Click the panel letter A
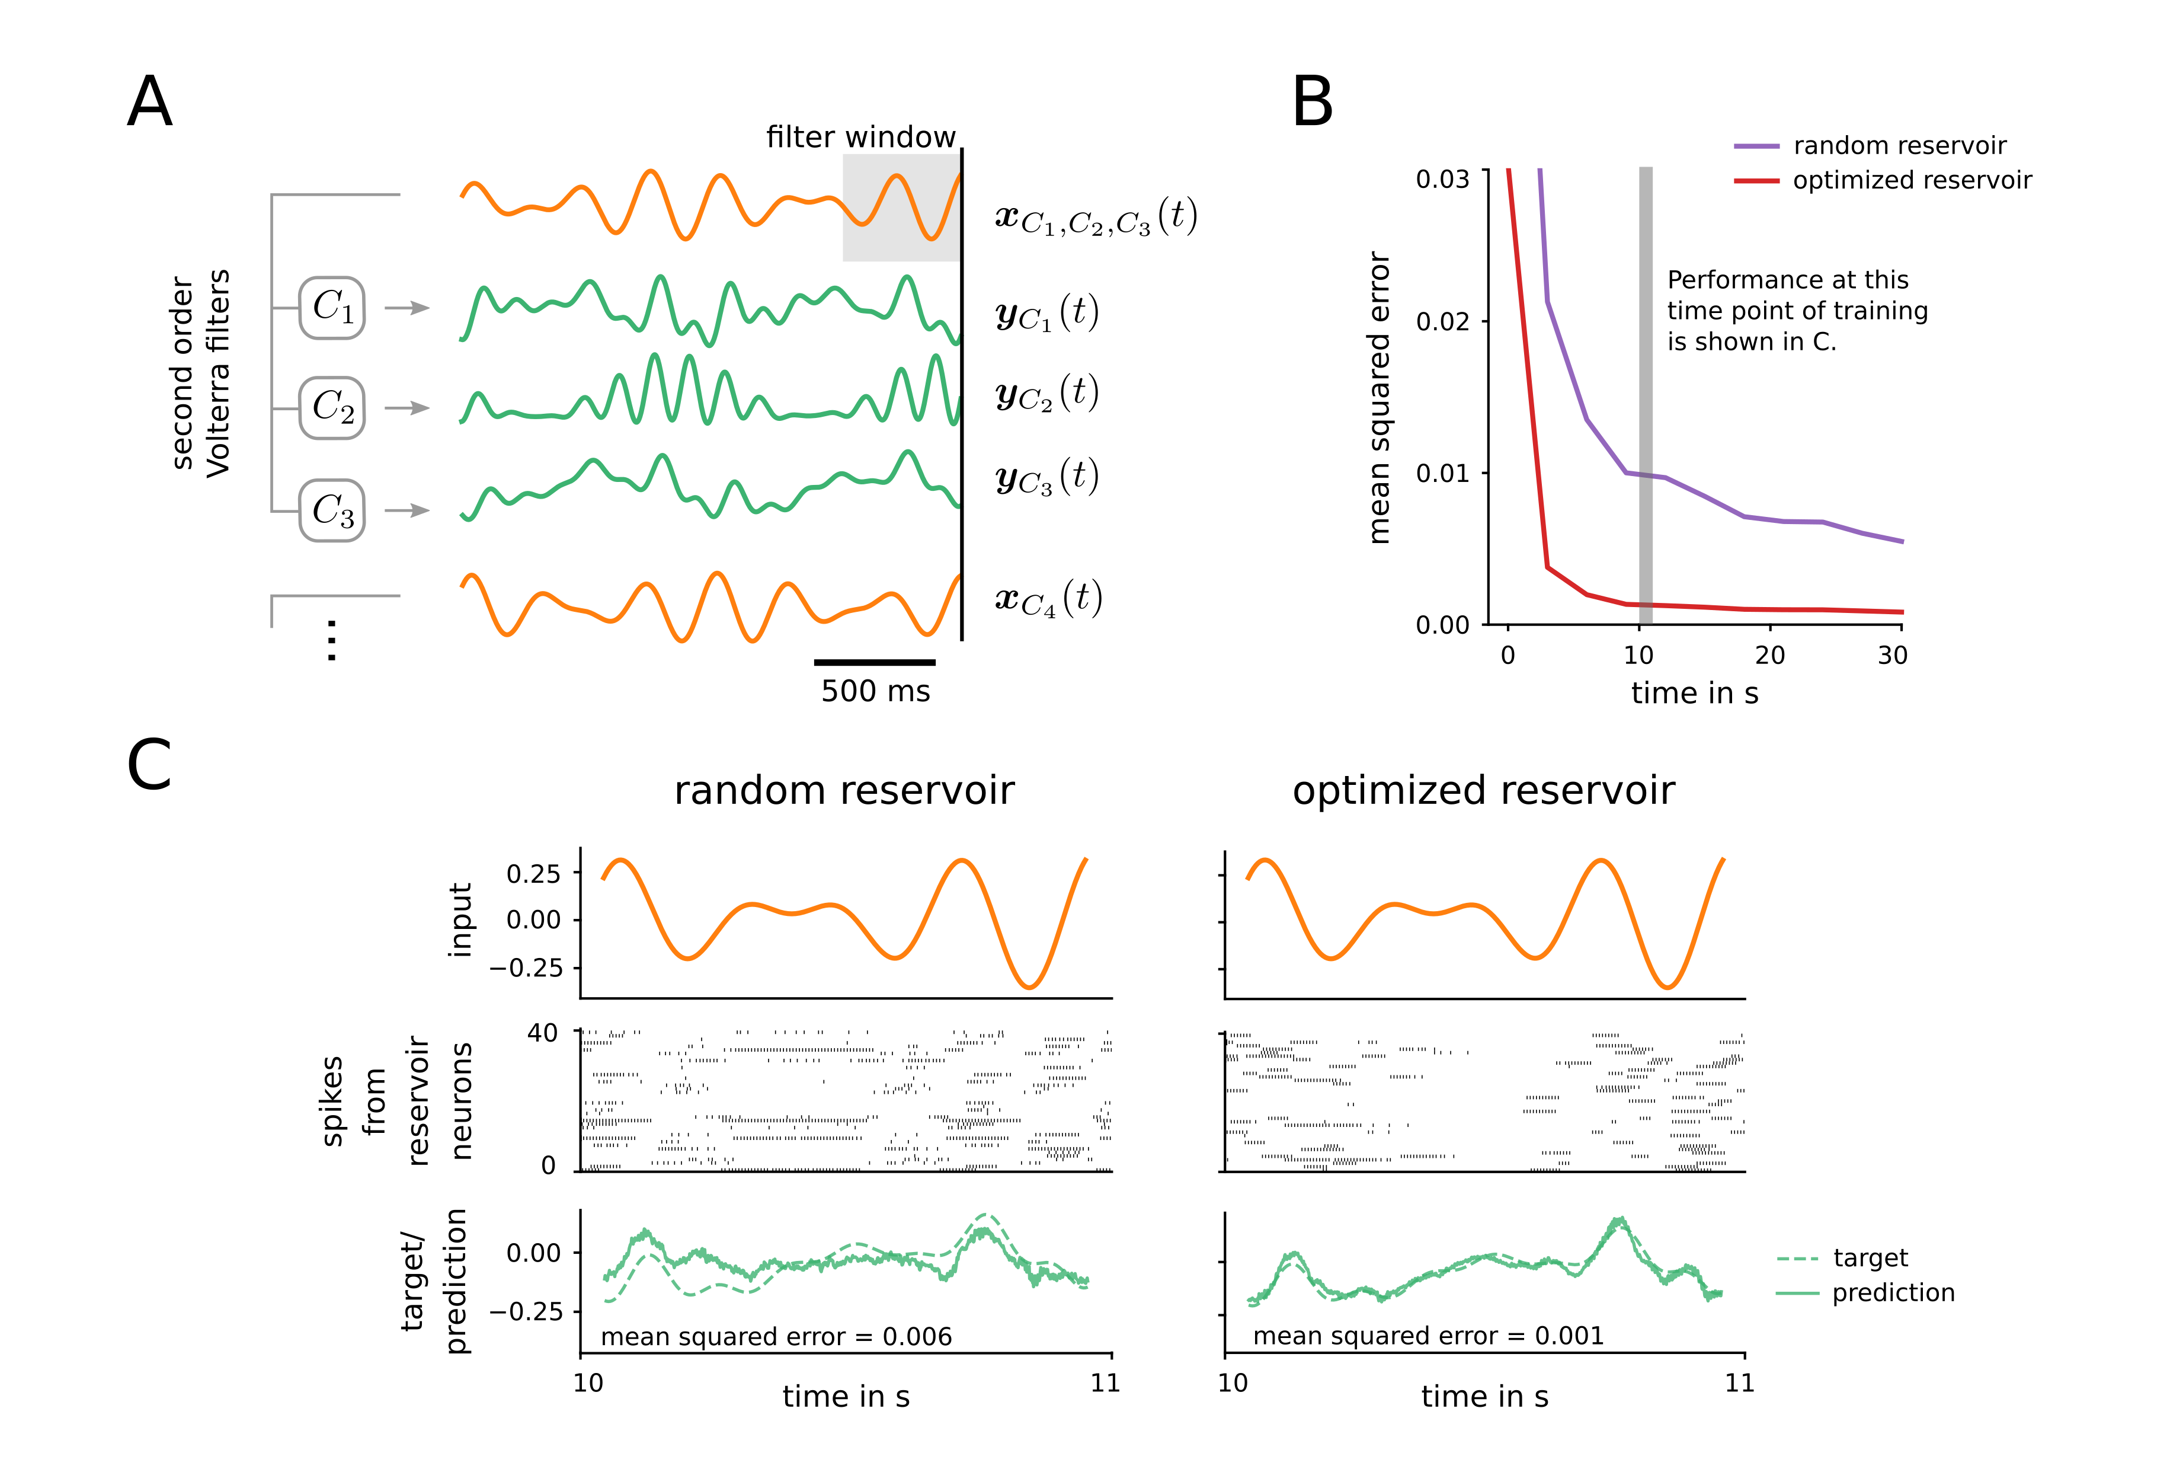pos(149,102)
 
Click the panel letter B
pos(1312,102)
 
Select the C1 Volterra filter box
pos(331,307)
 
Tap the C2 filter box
pos(331,408)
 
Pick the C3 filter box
pos(331,510)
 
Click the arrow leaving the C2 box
pos(407,408)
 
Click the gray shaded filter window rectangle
pos(901,207)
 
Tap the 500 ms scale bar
pos(874,662)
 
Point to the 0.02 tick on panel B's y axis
pos(1443,321)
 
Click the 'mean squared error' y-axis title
pos(1379,397)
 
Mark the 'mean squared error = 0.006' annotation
pos(776,1337)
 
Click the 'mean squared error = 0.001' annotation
pos(1428,1336)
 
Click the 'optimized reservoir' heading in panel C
pos(1483,791)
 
